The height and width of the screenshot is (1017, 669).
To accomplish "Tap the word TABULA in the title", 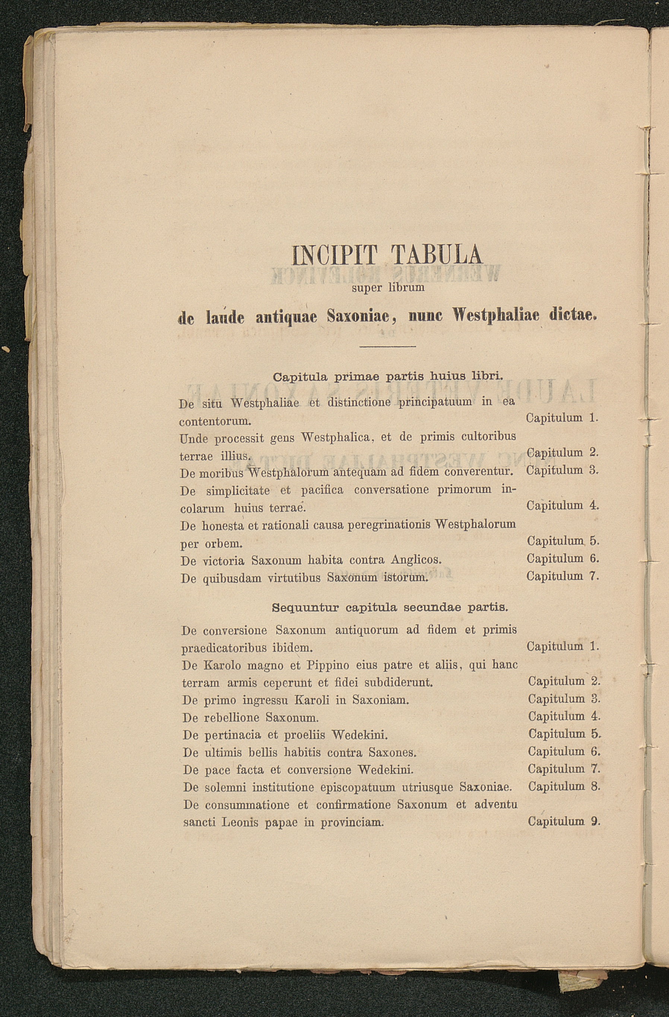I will pos(437,256).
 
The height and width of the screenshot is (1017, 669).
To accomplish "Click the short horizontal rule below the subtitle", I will pos(388,346).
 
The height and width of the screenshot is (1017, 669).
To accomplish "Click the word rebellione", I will pos(232,717).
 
